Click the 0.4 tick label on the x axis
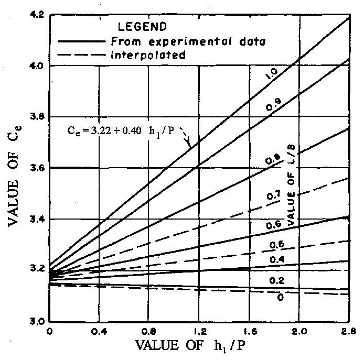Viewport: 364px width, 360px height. pos(99,331)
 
